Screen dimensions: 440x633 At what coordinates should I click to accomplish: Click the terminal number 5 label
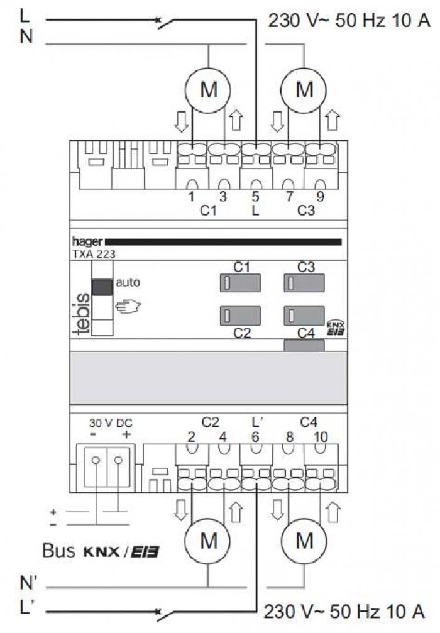pos(255,197)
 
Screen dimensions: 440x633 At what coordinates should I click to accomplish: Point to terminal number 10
pos(321,437)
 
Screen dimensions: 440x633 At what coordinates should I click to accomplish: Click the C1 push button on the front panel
pos(240,283)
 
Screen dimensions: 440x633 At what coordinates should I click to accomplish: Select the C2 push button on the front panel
pos(240,316)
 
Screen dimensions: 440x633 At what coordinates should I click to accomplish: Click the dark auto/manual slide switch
pos(102,287)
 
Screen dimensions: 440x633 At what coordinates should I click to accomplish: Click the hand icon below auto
pos(128,306)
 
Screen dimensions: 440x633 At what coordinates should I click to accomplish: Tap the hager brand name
pos(87,241)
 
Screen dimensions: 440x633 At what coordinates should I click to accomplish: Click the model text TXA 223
pos(94,254)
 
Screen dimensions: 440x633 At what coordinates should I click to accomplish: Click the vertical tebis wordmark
pos(82,314)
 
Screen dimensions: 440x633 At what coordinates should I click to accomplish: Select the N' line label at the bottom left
pos(28,583)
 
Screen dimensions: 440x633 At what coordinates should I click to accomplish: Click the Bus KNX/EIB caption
pos(101,551)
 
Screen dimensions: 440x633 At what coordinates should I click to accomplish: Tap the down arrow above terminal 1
pos(181,122)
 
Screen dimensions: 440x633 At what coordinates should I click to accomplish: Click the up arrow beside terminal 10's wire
pos(333,512)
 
